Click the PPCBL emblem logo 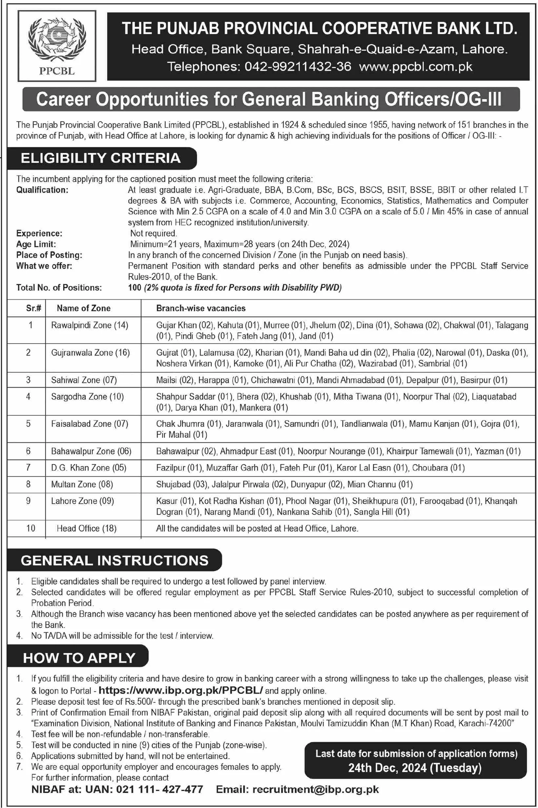coord(57,46)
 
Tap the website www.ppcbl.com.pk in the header coord(416,67)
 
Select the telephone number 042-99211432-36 coord(298,67)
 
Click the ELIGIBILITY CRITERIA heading coord(101,158)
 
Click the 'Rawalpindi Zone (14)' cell coord(89,325)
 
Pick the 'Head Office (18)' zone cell coord(86,528)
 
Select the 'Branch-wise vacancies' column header coord(201,308)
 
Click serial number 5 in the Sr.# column coord(29,424)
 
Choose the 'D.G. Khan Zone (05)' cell coord(88,468)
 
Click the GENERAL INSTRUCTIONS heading coord(115,561)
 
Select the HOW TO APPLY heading coord(79,658)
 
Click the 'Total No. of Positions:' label coord(59,287)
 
